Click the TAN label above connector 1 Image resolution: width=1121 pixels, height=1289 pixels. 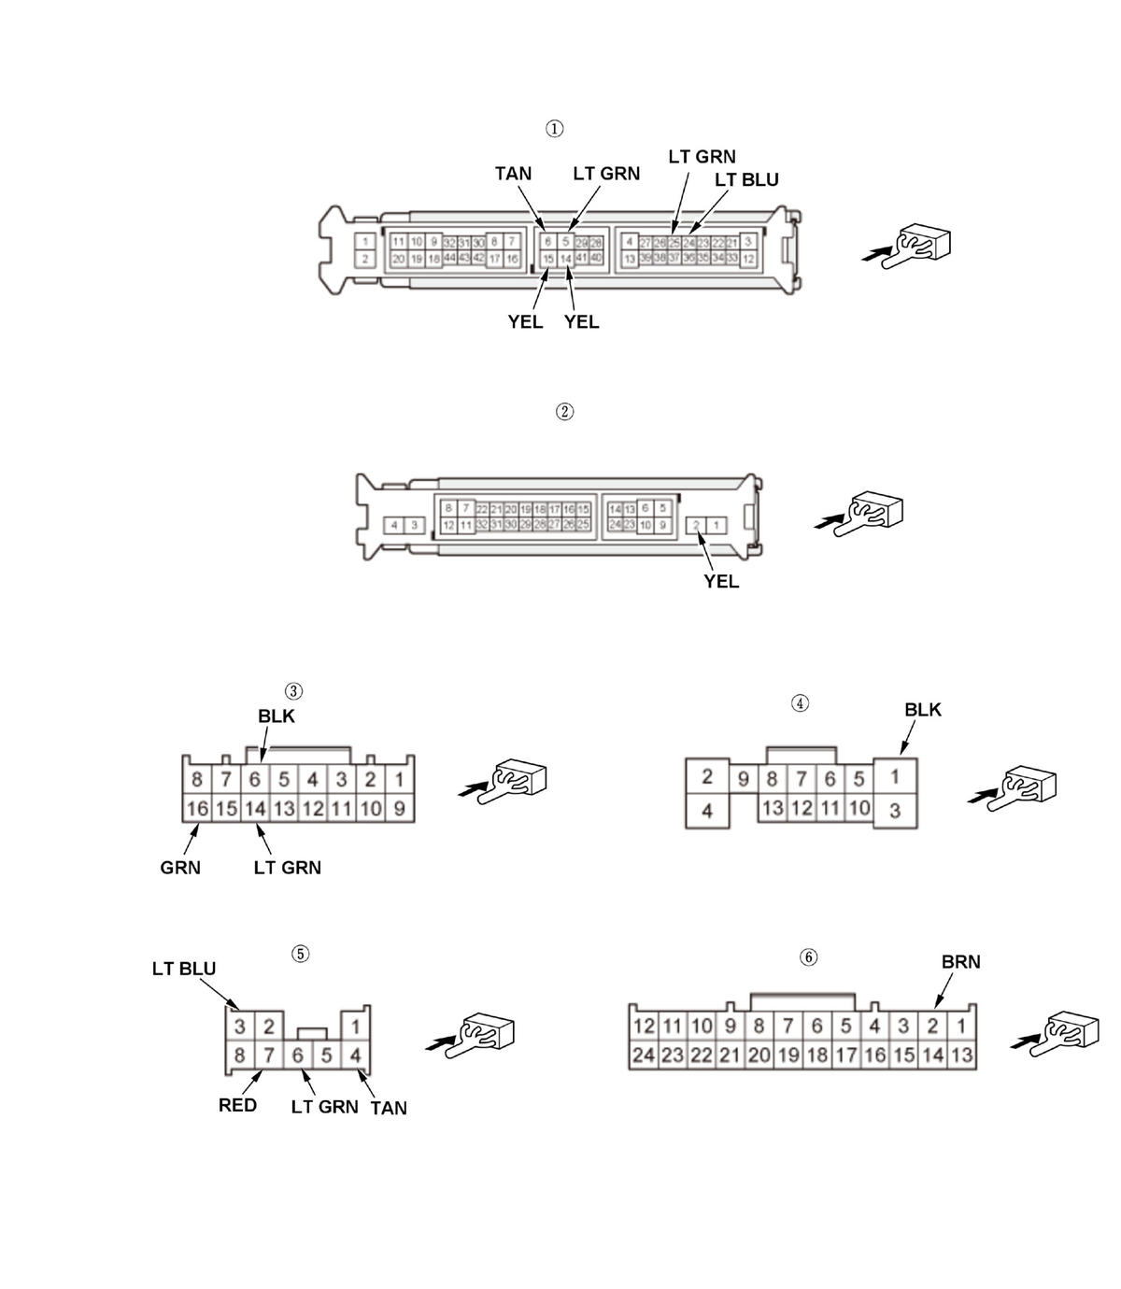pos(513,174)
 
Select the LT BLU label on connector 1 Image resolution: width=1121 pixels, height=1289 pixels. pos(746,179)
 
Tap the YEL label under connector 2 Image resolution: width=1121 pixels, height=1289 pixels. pos(721,582)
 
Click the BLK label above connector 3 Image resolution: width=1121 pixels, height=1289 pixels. pos(277,716)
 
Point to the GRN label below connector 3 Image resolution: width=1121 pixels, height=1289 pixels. pos(180,868)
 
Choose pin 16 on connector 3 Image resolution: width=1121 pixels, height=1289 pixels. pos(196,809)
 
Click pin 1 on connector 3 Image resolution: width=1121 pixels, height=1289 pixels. pos(399,779)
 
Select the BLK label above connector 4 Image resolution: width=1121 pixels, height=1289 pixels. pos(923,710)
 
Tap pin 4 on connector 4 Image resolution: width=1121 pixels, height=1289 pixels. pos(707,811)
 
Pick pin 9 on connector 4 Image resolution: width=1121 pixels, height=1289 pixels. pos(743,779)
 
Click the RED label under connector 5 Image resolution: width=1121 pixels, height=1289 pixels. pos(237,1106)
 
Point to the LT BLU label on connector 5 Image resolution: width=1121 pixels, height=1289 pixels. pos(184,970)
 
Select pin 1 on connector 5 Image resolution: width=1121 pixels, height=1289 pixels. pos(356,1027)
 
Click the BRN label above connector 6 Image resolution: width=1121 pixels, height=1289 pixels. pos(960,962)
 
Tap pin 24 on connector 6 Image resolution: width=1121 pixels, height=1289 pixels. pos(644,1055)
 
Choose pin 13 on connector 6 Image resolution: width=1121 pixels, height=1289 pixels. pos(961,1055)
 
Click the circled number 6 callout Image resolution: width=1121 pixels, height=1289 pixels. pos(809,957)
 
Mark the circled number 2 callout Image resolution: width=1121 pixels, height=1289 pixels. pos(564,412)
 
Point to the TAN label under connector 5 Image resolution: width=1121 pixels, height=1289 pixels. pos(389,1108)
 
